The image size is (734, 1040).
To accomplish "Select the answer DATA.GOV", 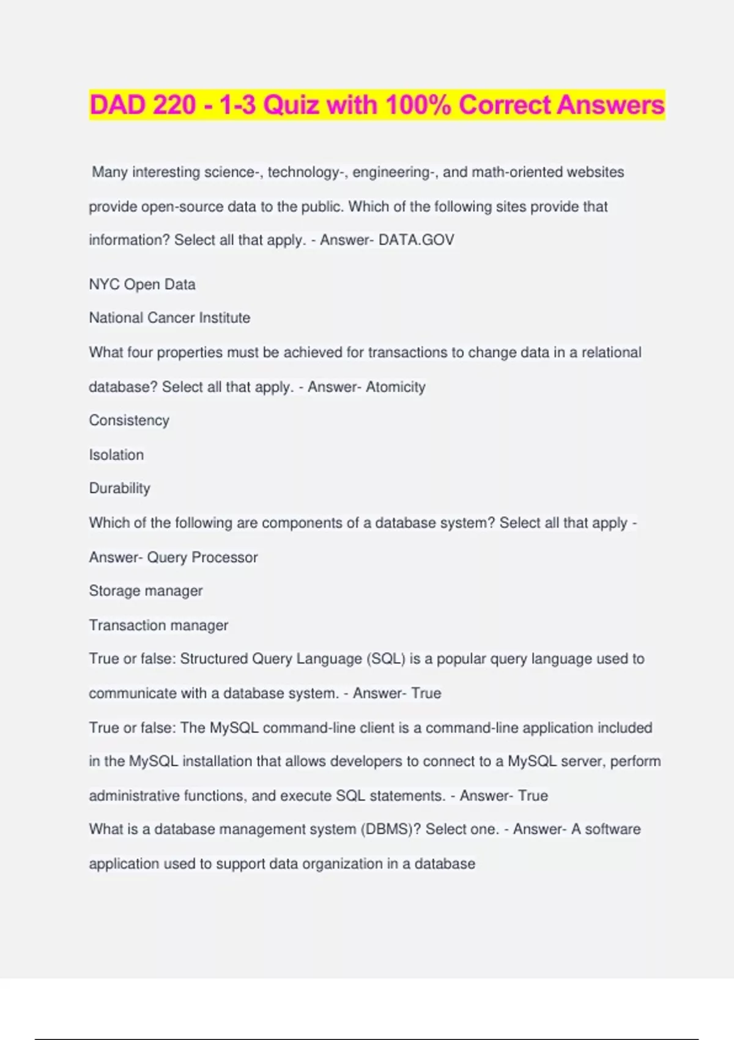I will point(417,240).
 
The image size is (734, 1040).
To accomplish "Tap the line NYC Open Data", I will point(142,284).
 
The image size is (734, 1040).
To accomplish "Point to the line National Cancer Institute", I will point(169,318).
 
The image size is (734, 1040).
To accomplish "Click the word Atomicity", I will point(395,387).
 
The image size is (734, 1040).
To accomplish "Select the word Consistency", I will point(129,420).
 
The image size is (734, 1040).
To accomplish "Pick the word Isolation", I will point(116,455).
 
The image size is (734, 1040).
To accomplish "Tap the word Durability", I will point(119,488).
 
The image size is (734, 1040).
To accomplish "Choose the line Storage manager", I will point(146,591).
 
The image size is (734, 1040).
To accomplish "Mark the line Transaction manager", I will point(158,625).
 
